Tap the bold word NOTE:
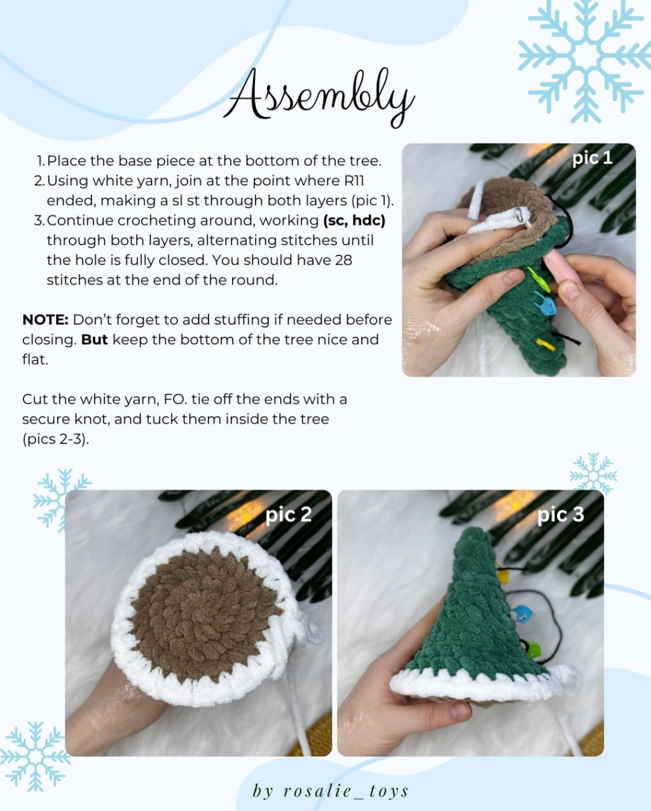tap(45, 320)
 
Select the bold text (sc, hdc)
tap(354, 221)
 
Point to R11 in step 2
tap(353, 181)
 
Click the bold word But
tap(94, 339)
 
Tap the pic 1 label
tap(592, 158)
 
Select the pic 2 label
tap(289, 514)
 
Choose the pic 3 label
tap(560, 514)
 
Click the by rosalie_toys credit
tap(331, 791)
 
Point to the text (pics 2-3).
tap(55, 439)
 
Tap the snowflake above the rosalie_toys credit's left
tap(35, 756)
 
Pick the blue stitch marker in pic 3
tap(521, 613)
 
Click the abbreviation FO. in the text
tap(174, 400)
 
